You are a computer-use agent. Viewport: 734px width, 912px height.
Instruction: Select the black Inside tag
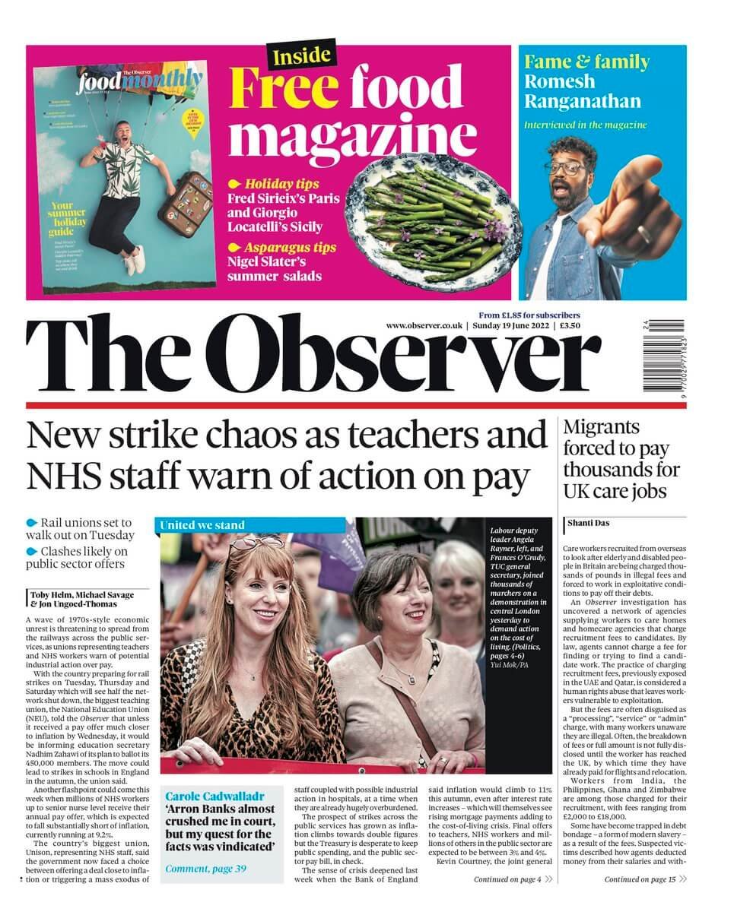301,55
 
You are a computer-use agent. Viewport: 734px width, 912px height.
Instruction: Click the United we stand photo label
202,525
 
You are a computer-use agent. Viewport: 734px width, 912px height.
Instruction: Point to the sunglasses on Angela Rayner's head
258,543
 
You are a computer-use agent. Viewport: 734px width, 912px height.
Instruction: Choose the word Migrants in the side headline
601,427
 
